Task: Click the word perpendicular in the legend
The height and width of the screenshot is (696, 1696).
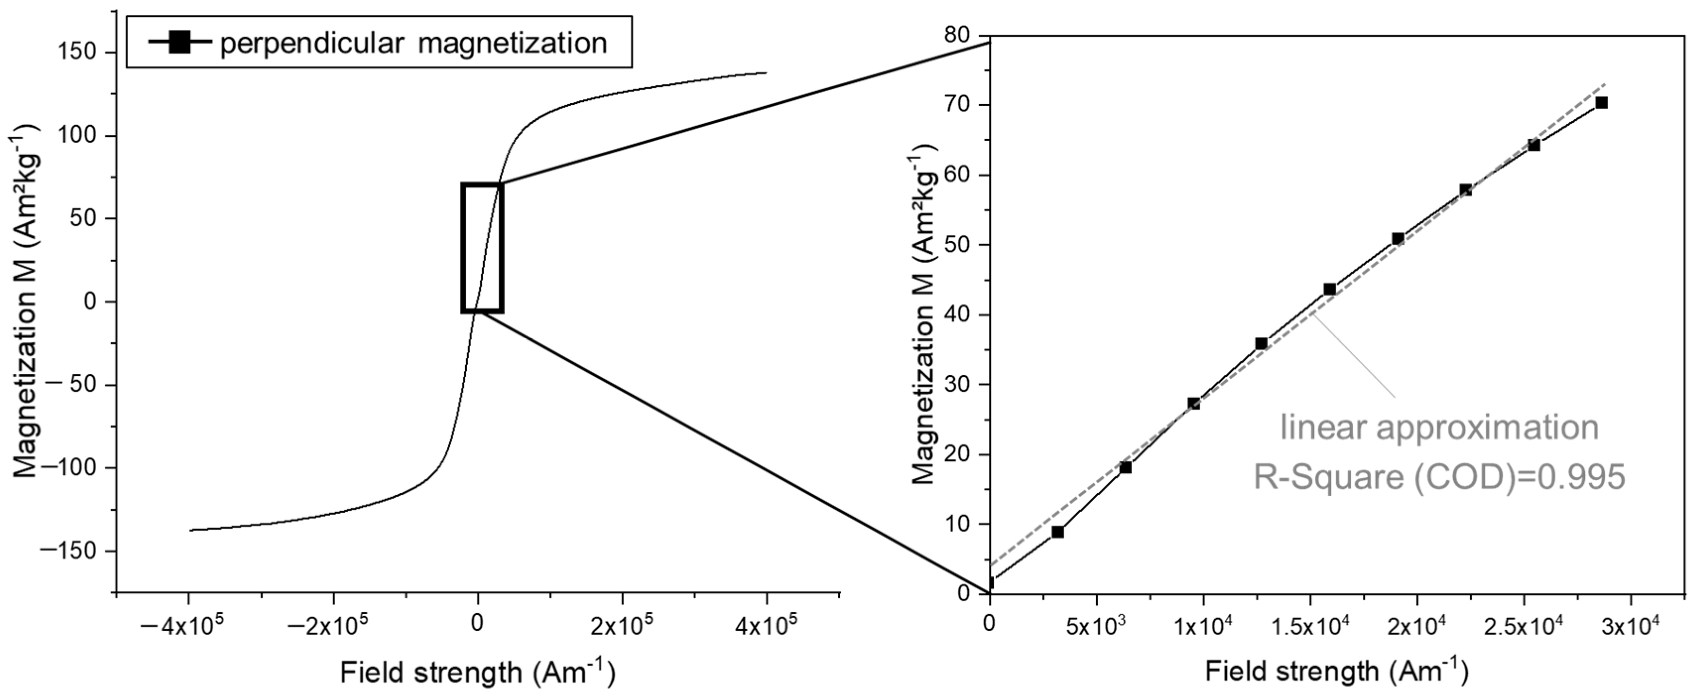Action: (311, 44)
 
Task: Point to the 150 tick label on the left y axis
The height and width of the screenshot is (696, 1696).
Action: (78, 53)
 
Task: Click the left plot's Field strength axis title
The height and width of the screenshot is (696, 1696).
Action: (478, 672)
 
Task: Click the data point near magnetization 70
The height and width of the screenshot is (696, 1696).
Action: (1601, 103)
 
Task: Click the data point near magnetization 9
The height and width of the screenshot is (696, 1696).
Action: (1057, 531)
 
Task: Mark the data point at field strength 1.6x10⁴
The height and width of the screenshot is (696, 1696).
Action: (1330, 290)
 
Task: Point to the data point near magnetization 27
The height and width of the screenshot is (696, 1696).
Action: (1193, 403)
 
